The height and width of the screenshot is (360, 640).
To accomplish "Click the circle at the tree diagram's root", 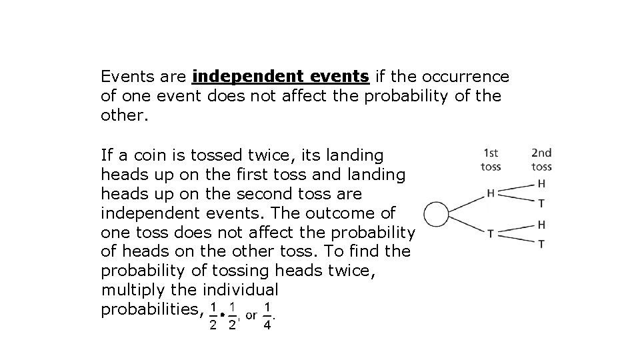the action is [437, 215].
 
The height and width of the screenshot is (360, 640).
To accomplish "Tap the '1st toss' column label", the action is [491, 160].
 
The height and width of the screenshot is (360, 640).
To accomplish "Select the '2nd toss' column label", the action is [541, 160].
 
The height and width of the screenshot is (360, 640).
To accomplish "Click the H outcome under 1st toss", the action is [491, 194].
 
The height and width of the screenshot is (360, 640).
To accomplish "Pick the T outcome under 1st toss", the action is [491, 234].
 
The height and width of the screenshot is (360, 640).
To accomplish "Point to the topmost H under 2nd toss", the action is [541, 183].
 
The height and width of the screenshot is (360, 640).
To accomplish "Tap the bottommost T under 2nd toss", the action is [541, 244].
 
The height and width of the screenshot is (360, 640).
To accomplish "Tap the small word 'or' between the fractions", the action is [251, 315].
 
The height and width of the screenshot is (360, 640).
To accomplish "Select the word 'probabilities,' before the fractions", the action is [150, 309].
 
